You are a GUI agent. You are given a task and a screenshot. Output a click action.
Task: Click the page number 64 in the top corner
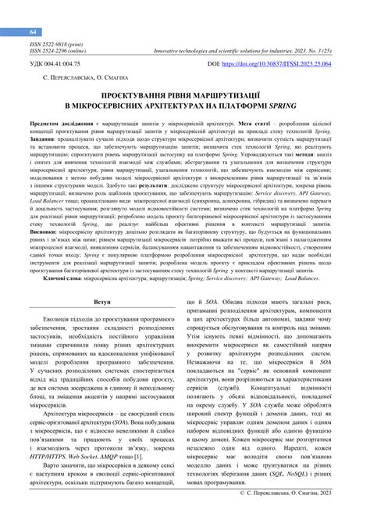tap(34, 31)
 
